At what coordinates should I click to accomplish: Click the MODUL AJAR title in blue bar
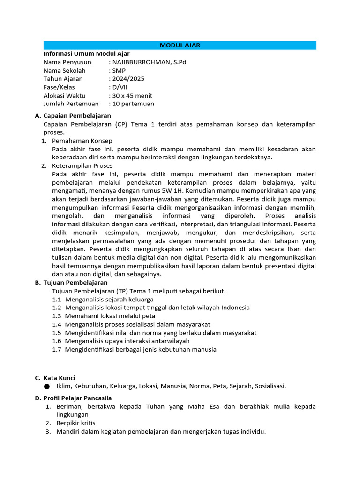coord(180,45)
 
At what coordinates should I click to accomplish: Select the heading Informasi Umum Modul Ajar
coord(86,54)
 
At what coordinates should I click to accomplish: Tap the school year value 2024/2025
coord(128,79)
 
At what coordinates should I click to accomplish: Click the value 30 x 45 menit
coord(132,96)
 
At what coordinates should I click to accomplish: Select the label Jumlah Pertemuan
coord(71,104)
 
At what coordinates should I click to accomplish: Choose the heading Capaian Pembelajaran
coord(77,116)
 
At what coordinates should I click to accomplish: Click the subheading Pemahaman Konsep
coord(82,141)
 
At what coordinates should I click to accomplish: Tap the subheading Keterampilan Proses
coord(82,165)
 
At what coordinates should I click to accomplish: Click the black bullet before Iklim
coord(46,387)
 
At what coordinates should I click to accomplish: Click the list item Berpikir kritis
coord(75,423)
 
